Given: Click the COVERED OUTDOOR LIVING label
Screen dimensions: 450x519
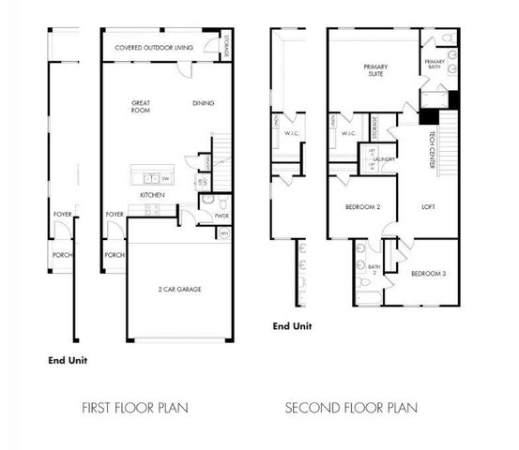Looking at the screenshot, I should coord(154,47).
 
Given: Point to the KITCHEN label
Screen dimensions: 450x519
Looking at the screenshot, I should coord(153,195).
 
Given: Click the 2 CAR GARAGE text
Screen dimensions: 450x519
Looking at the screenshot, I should coord(178,289).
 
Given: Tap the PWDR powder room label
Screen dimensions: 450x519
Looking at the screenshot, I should coord(221,215).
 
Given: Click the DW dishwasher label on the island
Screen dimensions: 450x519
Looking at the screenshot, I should coord(165,178).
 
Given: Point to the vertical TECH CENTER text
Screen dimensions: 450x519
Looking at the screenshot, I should coord(431,144).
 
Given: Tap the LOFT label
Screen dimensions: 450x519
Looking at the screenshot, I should coord(427,206).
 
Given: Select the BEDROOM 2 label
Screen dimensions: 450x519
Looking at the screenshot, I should coord(362,206).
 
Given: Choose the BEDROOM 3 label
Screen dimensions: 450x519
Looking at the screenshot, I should coord(429,273).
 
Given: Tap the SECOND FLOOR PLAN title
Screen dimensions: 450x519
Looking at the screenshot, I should coord(352,408).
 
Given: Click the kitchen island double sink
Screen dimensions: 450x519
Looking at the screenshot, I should coord(147,177).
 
